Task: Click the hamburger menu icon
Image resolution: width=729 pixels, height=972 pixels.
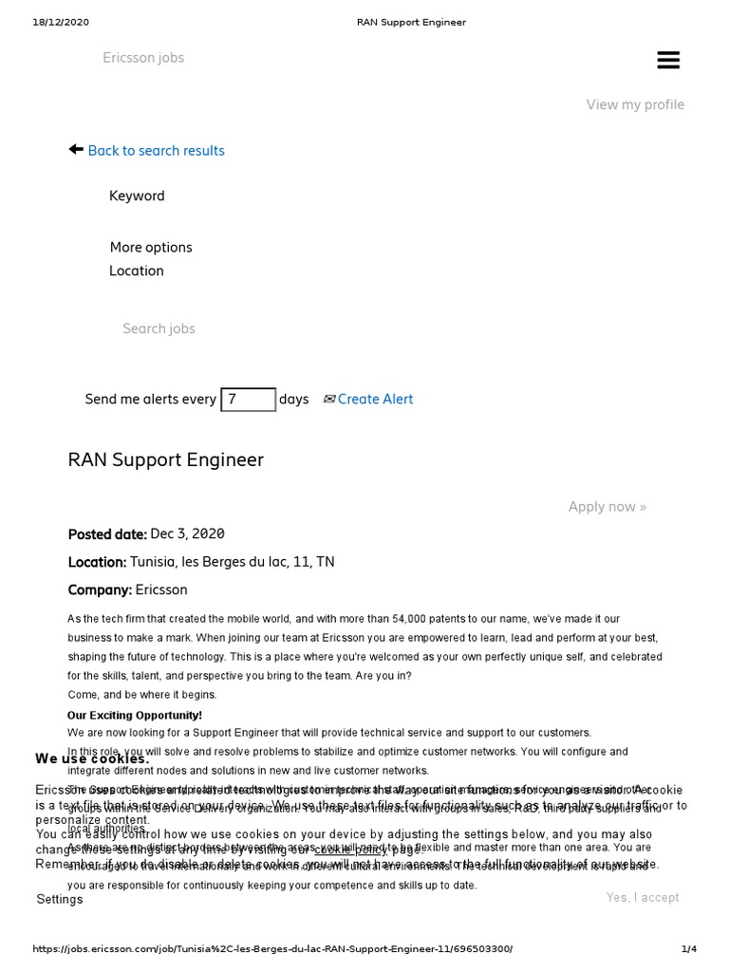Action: click(x=668, y=60)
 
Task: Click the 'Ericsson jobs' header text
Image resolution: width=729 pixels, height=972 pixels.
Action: click(x=143, y=58)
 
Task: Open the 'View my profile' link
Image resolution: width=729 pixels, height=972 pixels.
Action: click(x=635, y=104)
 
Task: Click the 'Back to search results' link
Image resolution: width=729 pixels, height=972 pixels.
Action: click(x=156, y=151)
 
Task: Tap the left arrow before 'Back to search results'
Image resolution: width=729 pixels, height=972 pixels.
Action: click(x=76, y=150)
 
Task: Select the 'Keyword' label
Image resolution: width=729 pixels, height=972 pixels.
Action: click(x=137, y=196)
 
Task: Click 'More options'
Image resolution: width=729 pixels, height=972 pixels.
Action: click(x=151, y=248)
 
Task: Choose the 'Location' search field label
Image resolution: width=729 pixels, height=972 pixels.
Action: click(x=137, y=271)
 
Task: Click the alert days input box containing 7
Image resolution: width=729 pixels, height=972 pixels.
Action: click(x=248, y=400)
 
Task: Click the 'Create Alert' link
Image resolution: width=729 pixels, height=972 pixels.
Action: click(x=375, y=400)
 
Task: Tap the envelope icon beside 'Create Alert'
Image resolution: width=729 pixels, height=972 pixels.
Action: click(x=328, y=400)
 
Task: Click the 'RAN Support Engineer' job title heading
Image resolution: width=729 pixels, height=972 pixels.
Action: click(x=166, y=460)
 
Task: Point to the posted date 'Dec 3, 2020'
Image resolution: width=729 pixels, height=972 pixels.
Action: click(x=187, y=534)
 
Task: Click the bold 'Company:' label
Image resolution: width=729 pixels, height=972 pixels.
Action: click(x=100, y=589)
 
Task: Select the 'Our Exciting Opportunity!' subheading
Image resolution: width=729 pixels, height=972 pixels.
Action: click(x=135, y=715)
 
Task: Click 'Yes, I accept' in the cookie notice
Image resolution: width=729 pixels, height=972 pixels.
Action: click(x=643, y=897)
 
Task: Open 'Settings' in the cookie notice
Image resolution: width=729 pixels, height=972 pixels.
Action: click(x=60, y=899)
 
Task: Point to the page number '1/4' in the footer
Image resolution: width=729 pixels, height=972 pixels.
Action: click(x=688, y=949)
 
